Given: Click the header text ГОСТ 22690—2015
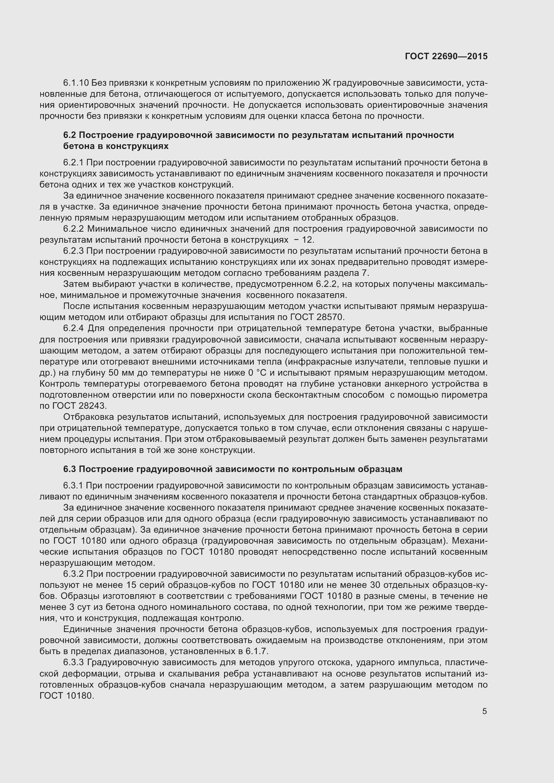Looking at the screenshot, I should pyautogui.click(x=446, y=56).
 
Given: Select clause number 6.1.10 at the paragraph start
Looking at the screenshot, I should pyautogui.click(x=76, y=83).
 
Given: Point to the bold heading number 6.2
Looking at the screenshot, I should pyautogui.click(x=69, y=135).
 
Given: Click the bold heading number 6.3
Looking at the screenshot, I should pyautogui.click(x=69, y=469).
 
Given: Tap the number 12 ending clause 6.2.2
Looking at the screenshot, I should pyautogui.click(x=308, y=240).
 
